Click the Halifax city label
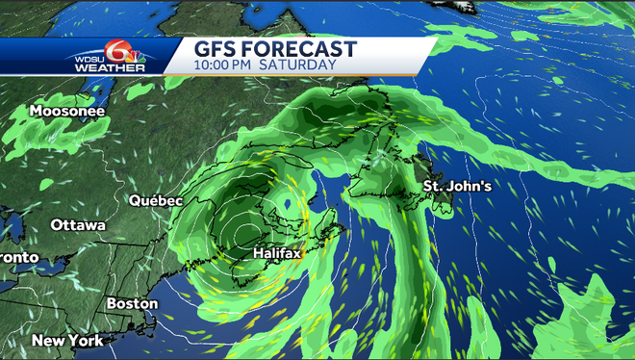point(277,253)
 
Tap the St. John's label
point(458,185)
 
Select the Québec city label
point(156,201)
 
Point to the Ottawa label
point(78,225)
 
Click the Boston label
point(132,304)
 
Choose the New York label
point(67,341)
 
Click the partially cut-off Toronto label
point(18,258)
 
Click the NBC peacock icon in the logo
point(139,60)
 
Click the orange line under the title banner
point(289,75)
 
